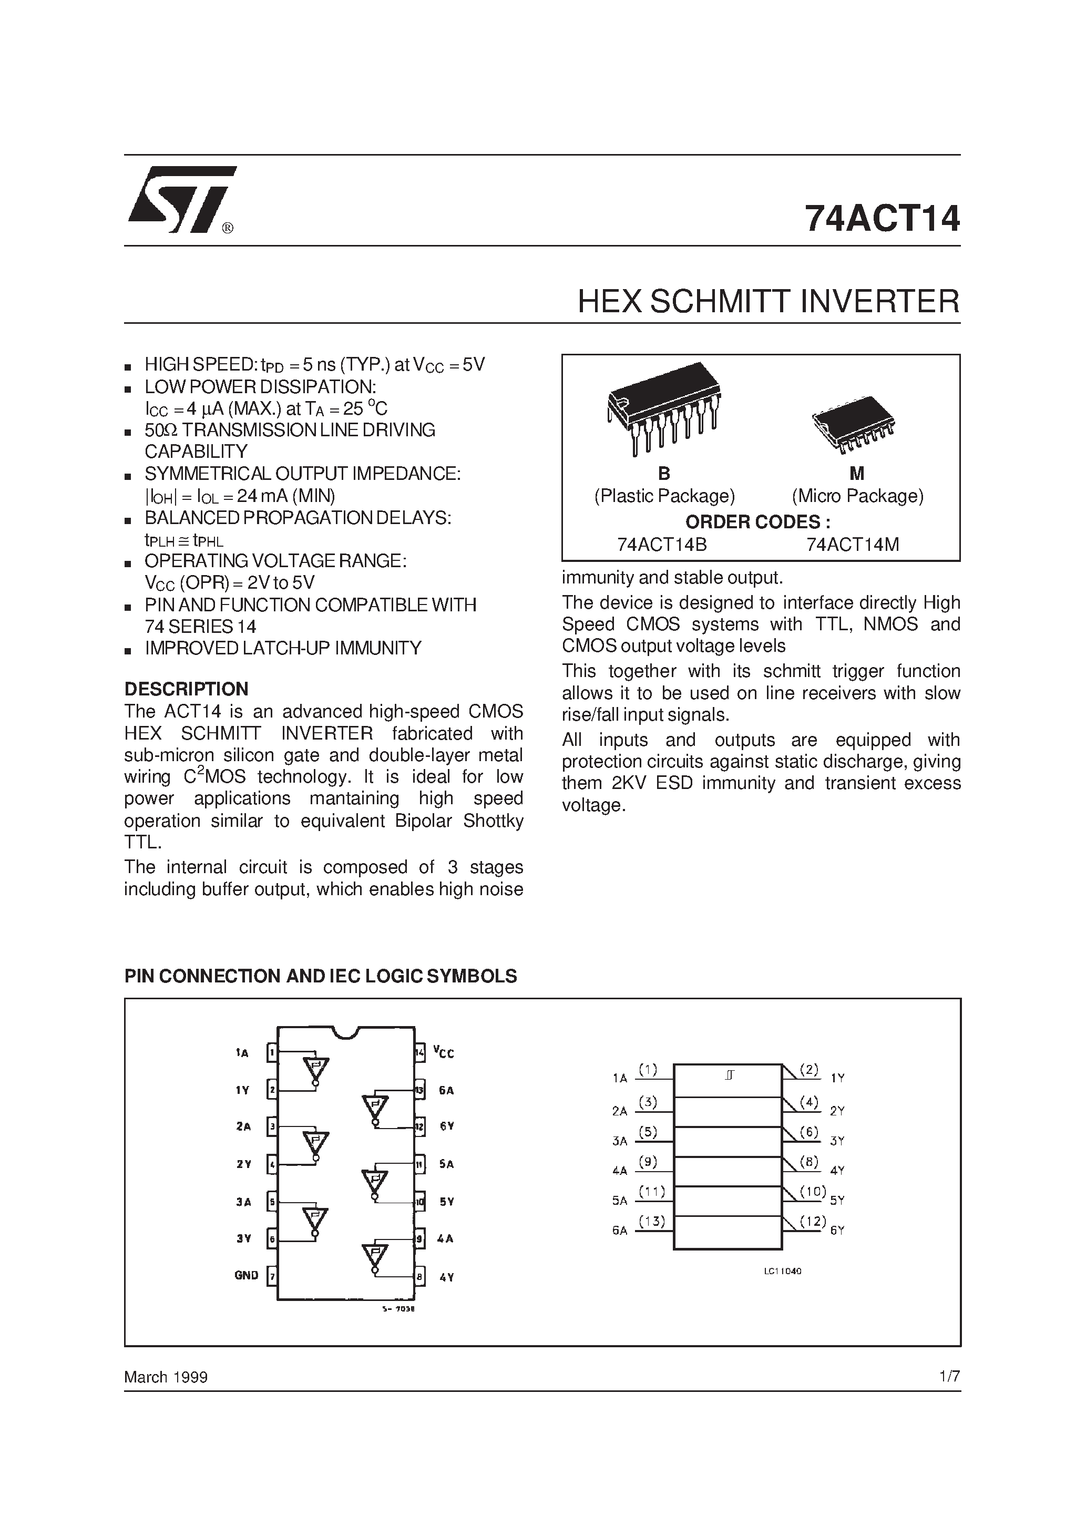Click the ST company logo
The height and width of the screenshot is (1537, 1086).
181,200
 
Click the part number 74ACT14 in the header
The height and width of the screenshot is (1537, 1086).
882,219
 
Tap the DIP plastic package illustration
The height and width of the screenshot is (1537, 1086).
663,408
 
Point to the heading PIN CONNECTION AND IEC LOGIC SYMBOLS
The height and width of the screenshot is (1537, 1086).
321,976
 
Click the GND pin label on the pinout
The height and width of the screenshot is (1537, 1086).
247,1275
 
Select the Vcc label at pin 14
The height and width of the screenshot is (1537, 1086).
443,1052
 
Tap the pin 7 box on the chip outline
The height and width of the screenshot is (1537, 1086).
272,1277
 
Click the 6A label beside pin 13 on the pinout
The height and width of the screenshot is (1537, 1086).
446,1090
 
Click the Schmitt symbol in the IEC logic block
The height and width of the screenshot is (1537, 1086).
729,1076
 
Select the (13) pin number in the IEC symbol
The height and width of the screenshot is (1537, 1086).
651,1221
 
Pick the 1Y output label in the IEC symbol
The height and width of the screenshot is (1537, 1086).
837,1078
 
